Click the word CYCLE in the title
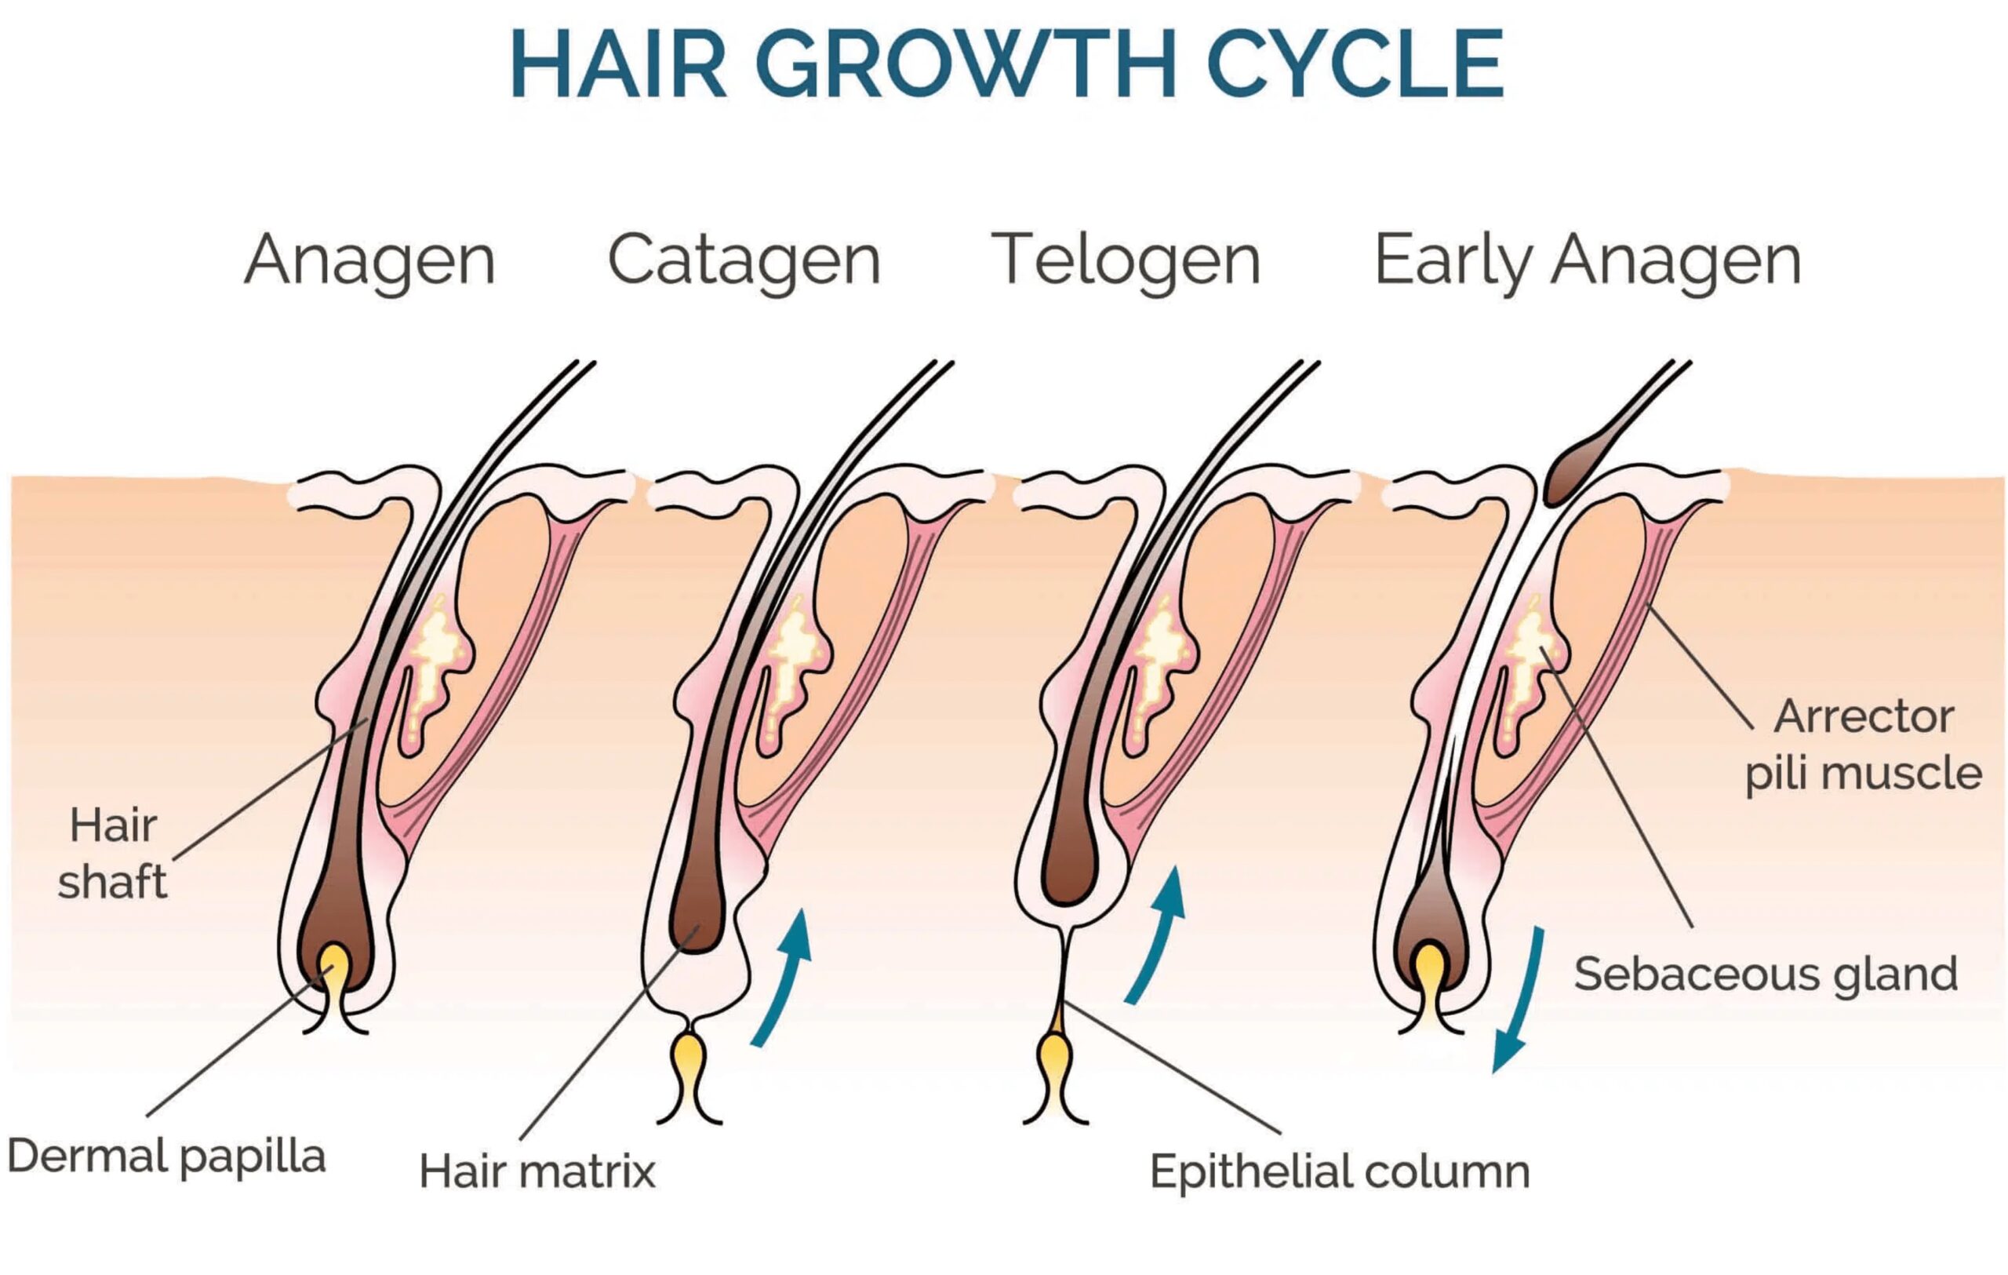1355,65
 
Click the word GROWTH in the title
966,65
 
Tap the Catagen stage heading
744,261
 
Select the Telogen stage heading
1125,261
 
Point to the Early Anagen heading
1587,261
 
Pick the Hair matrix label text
537,1171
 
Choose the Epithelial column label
1339,1171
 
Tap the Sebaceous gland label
1766,974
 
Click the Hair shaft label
113,853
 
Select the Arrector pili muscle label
1864,745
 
